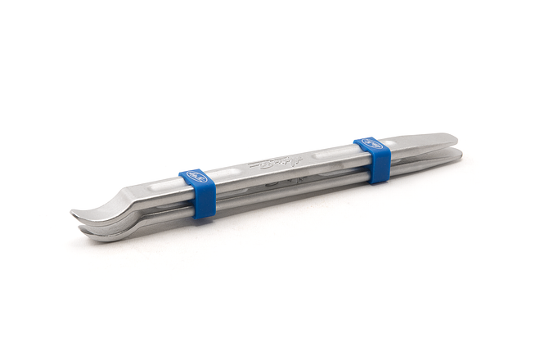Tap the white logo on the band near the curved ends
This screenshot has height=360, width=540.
tap(192, 174)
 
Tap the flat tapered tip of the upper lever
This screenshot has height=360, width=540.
tap(453, 137)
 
